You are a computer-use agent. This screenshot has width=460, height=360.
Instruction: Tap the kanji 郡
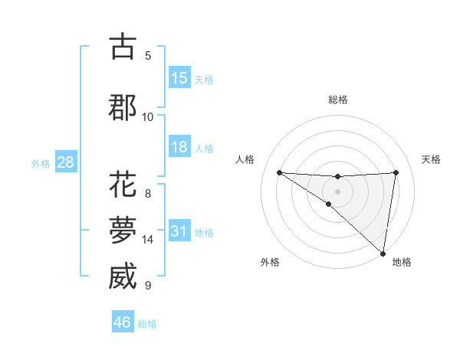[123, 106]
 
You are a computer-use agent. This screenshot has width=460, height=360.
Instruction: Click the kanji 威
[123, 276]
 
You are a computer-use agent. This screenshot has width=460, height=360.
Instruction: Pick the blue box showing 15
[179, 77]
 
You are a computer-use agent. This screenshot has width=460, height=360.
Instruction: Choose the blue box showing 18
[179, 147]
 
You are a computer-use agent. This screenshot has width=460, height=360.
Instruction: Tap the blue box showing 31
[179, 231]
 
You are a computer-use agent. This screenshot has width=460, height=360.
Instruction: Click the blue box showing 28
[65, 162]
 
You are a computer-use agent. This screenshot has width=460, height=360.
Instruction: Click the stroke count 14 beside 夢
[148, 240]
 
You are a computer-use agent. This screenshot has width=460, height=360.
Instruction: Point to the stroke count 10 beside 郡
[148, 116]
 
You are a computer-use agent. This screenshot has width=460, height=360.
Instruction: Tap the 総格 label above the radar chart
[338, 100]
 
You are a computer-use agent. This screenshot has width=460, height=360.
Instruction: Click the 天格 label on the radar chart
[432, 159]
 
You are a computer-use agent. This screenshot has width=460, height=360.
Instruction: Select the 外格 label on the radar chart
[270, 262]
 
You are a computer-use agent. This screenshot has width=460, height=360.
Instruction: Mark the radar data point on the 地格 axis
[383, 253]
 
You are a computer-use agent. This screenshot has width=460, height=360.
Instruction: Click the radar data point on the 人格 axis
[279, 172]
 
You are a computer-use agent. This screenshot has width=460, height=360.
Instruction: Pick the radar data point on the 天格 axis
[396, 172]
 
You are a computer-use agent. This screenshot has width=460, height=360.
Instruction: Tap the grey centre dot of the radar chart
[337, 191]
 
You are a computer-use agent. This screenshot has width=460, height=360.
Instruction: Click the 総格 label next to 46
[147, 323]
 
